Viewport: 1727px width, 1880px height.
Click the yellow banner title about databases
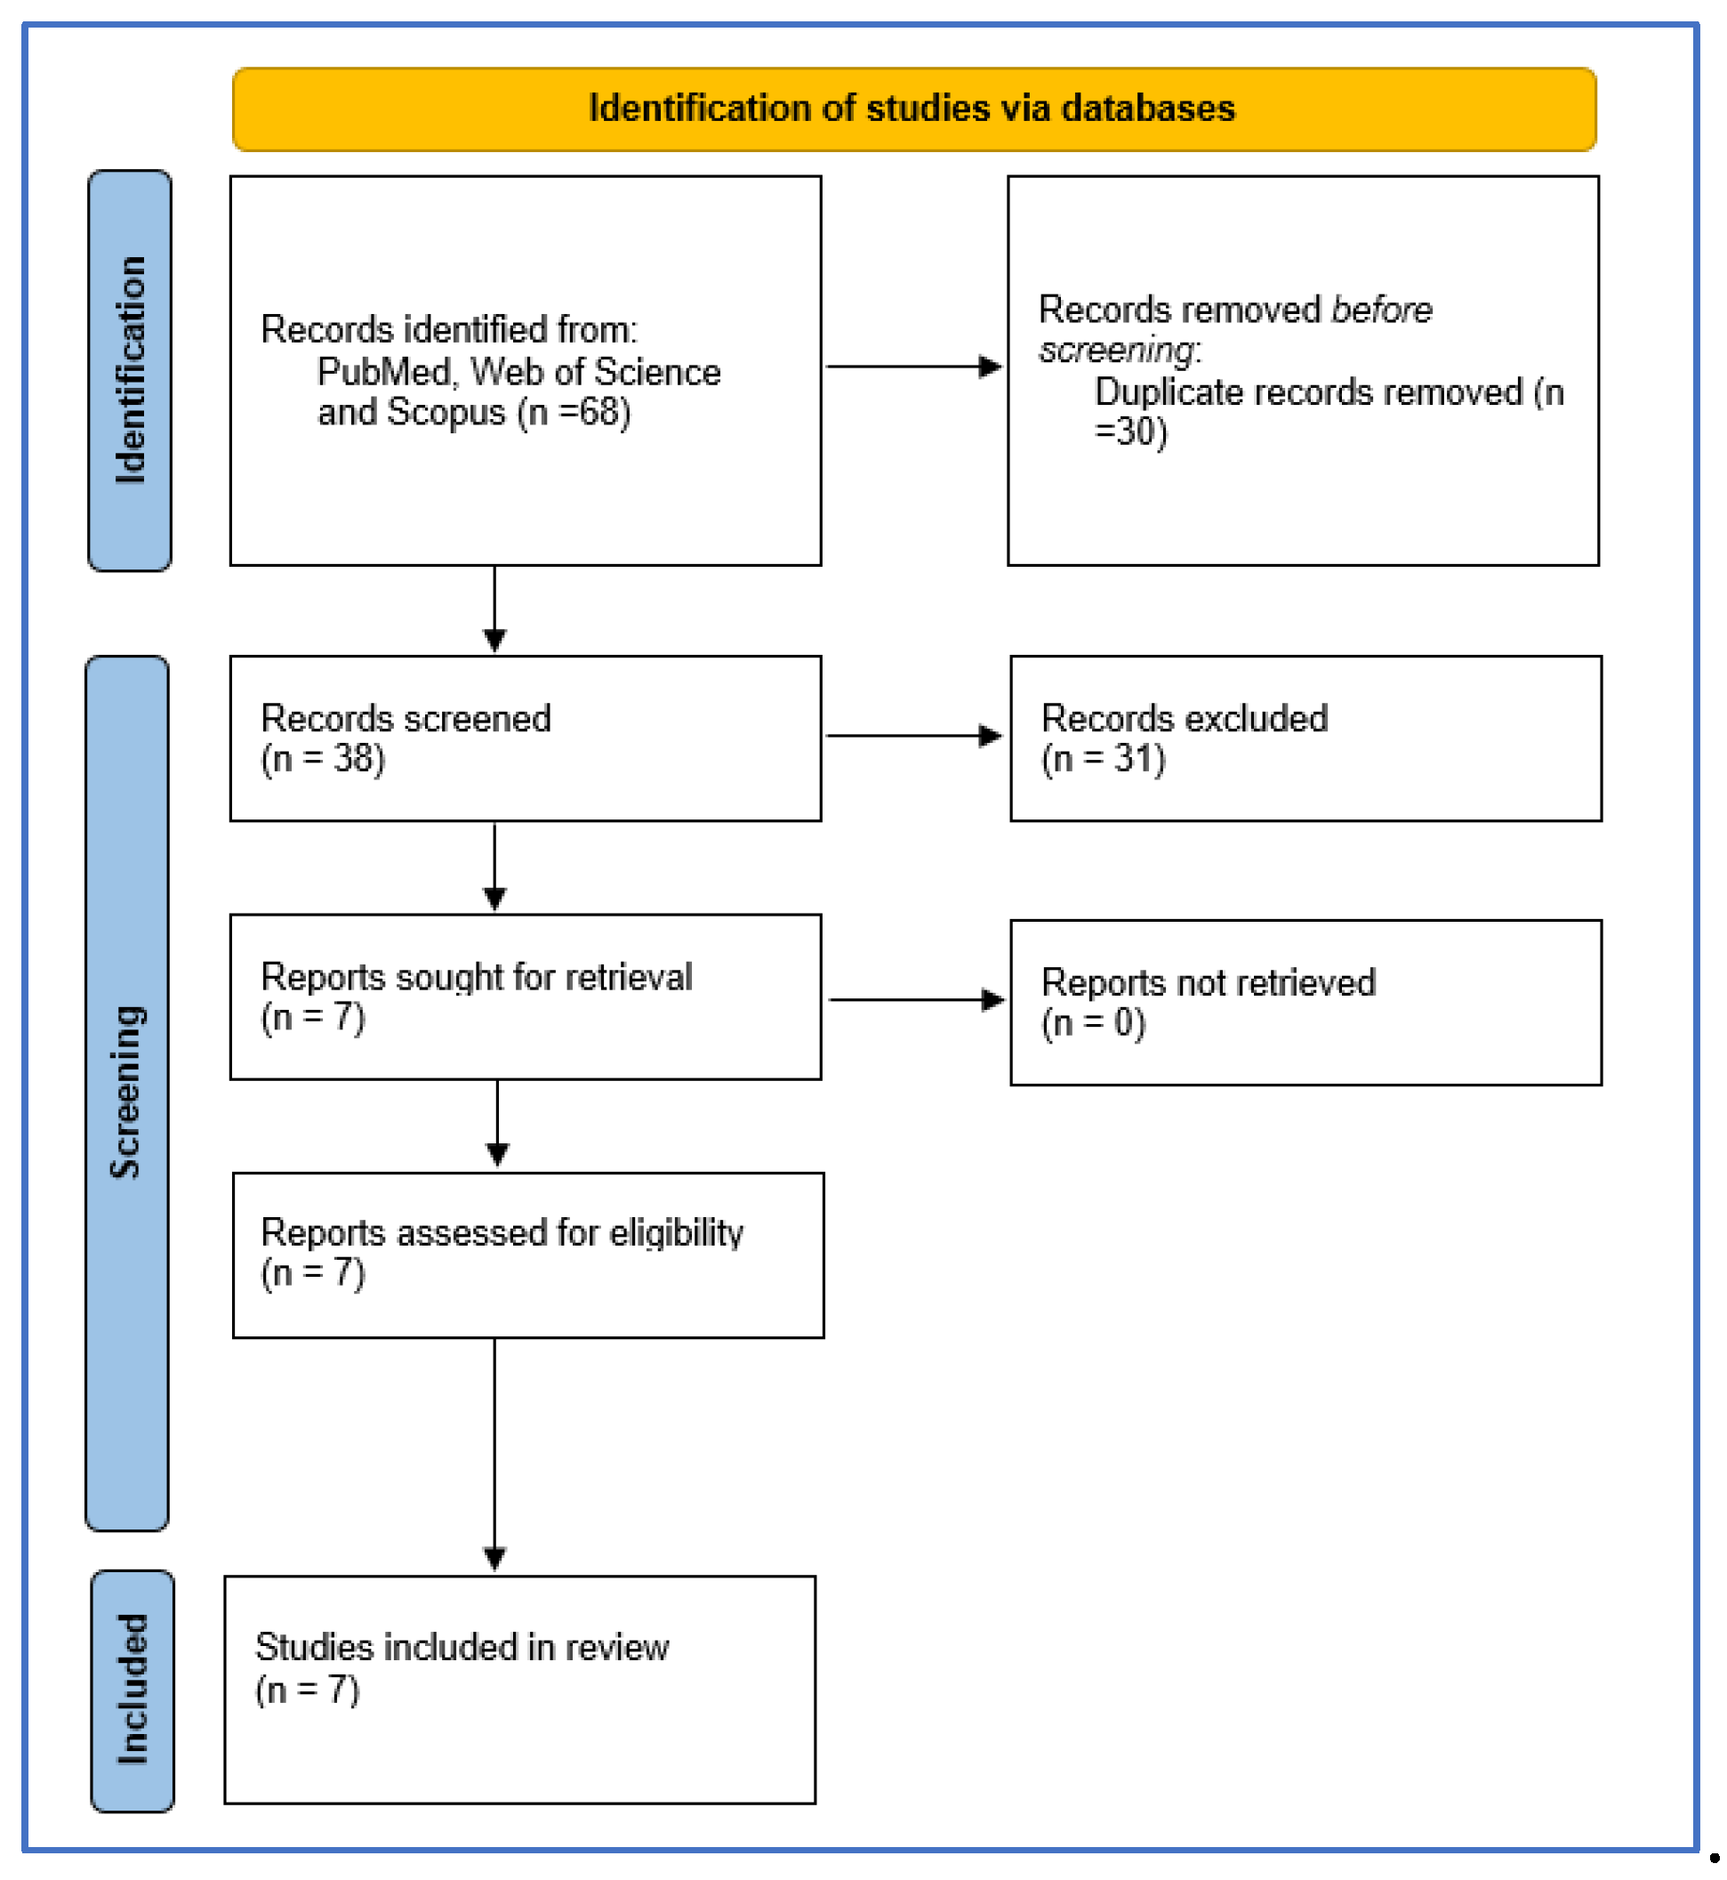[912, 109]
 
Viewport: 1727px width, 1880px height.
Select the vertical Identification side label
[130, 370]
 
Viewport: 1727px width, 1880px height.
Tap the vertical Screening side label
[127, 1092]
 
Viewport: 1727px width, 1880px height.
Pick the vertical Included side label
[133, 1690]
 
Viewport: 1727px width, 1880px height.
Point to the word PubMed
[384, 372]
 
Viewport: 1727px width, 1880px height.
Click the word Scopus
[446, 412]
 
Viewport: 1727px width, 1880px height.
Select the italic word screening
[1117, 351]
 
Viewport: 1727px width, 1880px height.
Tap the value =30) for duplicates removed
[1131, 432]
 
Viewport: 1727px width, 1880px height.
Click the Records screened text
[406, 718]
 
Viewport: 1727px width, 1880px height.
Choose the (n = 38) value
[323, 758]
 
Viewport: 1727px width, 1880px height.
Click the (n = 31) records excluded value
[1104, 758]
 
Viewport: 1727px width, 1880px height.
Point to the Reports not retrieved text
[1209, 982]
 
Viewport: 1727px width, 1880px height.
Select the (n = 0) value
[1094, 1022]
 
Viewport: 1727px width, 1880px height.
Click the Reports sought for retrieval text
[477, 977]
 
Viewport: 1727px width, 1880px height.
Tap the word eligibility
[677, 1232]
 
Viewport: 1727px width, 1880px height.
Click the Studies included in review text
[462, 1647]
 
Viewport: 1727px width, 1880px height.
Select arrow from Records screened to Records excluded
[914, 736]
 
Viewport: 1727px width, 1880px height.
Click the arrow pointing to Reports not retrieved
[916, 1000]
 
